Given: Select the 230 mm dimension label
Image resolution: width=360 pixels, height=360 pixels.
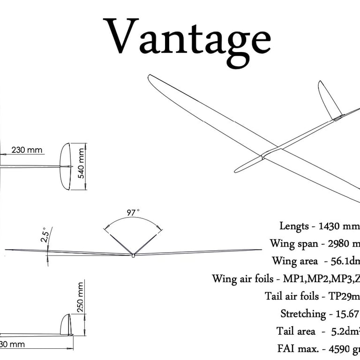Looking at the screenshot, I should pyautogui.click(x=26, y=150).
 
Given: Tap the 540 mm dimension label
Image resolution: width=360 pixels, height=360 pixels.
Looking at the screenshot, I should pyautogui.click(x=81, y=163).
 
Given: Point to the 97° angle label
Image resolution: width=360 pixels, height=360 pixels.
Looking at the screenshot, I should pyautogui.click(x=133, y=213).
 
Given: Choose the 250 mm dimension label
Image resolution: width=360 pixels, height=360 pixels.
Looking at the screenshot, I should pyautogui.click(x=80, y=297).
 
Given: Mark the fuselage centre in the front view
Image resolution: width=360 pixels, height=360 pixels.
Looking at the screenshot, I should pyautogui.click(x=133, y=255).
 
